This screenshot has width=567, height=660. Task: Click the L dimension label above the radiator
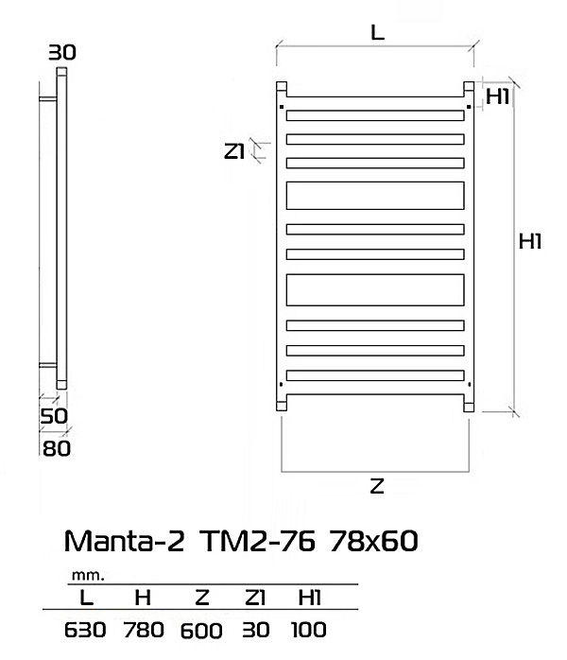coord(378,32)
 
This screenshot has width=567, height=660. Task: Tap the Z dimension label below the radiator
coord(377,486)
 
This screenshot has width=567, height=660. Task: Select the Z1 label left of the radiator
coord(234,151)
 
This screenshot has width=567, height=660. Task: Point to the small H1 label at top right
coord(498,96)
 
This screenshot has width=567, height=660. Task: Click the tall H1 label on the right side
coord(530,242)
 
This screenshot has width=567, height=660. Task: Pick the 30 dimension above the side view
coord(62,53)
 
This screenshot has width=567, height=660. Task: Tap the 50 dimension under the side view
coord(54,416)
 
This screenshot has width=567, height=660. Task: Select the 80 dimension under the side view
coord(57,449)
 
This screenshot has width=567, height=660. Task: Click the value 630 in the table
coord(85,630)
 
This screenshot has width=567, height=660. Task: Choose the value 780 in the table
coord(144,630)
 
